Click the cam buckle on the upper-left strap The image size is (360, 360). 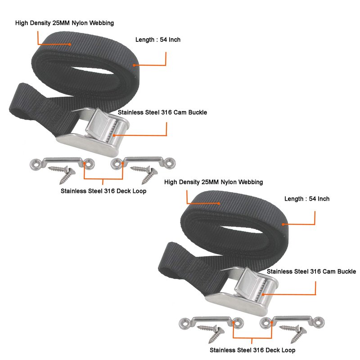pos(93,132)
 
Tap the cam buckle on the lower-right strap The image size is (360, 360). pos(242,292)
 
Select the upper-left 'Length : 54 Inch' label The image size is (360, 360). pos(158,40)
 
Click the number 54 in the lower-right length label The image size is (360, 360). pos(312,198)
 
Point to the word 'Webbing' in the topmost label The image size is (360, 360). pos(102,23)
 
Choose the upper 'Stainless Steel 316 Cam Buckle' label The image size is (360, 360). pos(162,112)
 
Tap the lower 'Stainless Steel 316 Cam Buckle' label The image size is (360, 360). pos(311,271)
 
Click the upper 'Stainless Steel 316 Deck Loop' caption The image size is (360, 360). pos(103,191)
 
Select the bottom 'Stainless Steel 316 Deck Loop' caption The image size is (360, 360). pos(252,350)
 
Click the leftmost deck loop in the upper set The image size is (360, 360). pos(62,163)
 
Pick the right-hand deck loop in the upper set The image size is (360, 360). pos(143,163)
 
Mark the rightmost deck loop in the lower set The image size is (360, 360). pos(292,322)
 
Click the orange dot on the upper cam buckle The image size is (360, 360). pos(114,135)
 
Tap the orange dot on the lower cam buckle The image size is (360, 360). pos(263,295)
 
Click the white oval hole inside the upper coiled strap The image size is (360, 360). pos(92,71)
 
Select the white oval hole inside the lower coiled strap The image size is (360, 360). pos(241,229)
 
